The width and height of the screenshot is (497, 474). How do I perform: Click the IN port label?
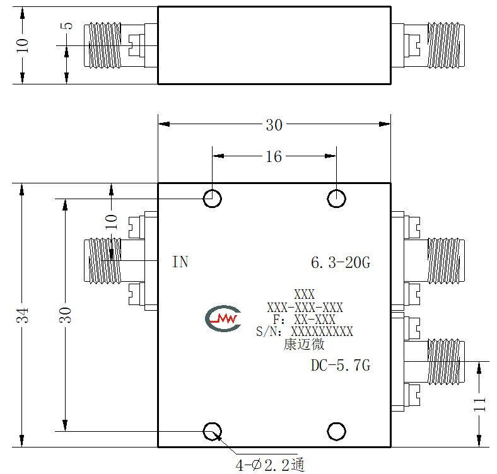pos(180,262)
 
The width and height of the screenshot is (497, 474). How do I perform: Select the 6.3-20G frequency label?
pos(341,263)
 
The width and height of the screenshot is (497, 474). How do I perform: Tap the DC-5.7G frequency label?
pos(341,366)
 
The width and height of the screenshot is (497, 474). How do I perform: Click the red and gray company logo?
pos(223,318)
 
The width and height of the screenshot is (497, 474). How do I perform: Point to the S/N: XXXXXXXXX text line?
pos(305,332)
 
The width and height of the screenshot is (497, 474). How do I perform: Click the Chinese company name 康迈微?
pos(304,344)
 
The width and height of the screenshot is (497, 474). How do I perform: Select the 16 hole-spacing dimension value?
pos(274,156)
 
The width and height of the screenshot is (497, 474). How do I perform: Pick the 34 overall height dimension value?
pos(23,315)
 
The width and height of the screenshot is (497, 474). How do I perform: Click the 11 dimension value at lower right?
pos(479,404)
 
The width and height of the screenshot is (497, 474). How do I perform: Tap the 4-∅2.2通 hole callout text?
pos(270,465)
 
